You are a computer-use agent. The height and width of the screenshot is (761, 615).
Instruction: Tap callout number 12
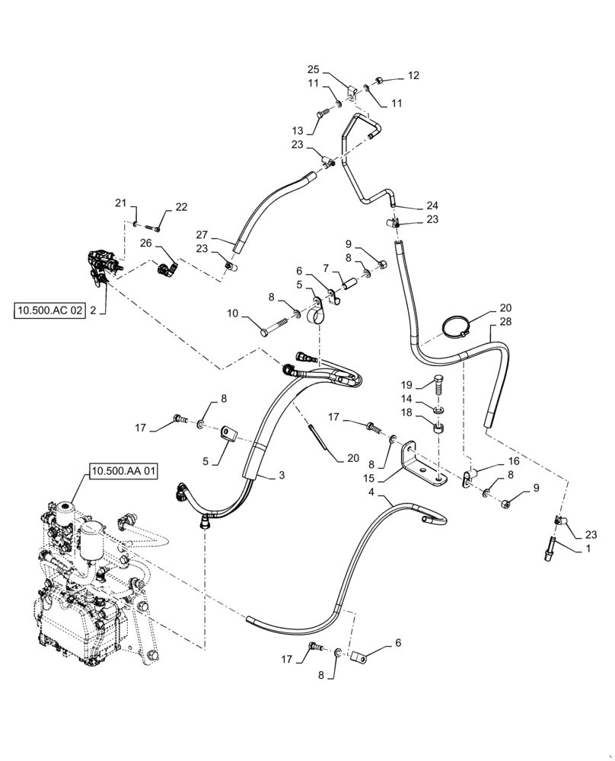tap(413, 75)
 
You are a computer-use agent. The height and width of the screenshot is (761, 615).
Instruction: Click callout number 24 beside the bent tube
tap(432, 205)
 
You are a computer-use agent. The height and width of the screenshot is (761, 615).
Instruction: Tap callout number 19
tap(406, 384)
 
